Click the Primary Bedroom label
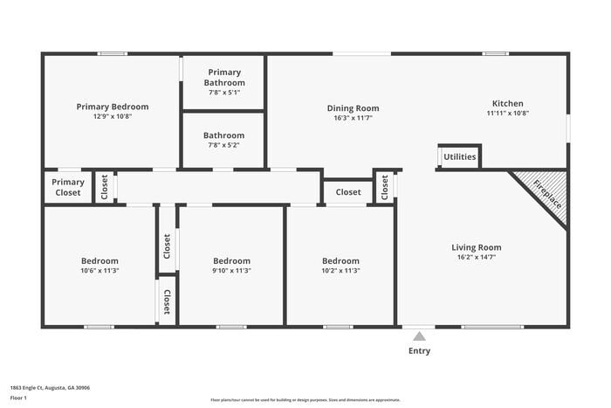[x=112, y=107]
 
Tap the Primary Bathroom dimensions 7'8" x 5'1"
[x=223, y=92]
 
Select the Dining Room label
[x=353, y=108]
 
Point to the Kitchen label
[x=507, y=103]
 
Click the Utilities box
[x=459, y=157]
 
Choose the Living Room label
[x=476, y=247]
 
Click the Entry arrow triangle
[x=419, y=336]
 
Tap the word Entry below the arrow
[x=419, y=351]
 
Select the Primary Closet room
[x=68, y=187]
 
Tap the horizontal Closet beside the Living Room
[x=347, y=191]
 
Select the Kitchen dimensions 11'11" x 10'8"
[x=507, y=113]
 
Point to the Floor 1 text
[x=18, y=398]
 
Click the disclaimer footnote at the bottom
[x=305, y=400]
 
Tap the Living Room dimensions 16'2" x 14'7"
[x=476, y=257]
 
